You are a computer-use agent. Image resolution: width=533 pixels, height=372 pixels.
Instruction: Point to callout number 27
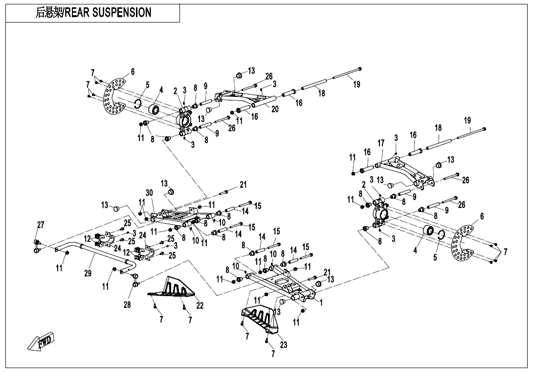41,225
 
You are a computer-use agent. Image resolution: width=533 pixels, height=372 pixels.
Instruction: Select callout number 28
128,305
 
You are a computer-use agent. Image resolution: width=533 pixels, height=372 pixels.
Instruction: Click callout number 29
88,274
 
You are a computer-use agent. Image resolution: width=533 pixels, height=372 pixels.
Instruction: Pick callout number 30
149,193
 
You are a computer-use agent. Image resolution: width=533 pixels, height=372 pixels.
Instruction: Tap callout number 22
200,305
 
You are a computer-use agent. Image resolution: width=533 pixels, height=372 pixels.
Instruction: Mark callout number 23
283,345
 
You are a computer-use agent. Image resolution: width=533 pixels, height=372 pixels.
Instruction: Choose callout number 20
275,109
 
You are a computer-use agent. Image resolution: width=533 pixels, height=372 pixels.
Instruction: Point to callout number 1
321,302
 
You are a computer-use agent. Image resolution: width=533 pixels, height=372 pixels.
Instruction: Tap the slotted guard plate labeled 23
259,318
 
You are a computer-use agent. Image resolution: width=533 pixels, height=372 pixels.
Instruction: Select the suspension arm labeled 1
281,284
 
